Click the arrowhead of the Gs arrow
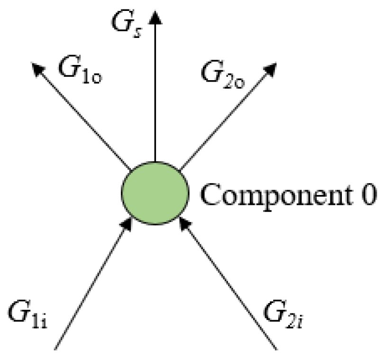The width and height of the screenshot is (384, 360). pyautogui.click(x=155, y=16)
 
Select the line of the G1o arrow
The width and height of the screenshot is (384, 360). pyautogui.click(x=83, y=116)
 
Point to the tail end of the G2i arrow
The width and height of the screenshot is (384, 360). pyautogui.click(x=276, y=349)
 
